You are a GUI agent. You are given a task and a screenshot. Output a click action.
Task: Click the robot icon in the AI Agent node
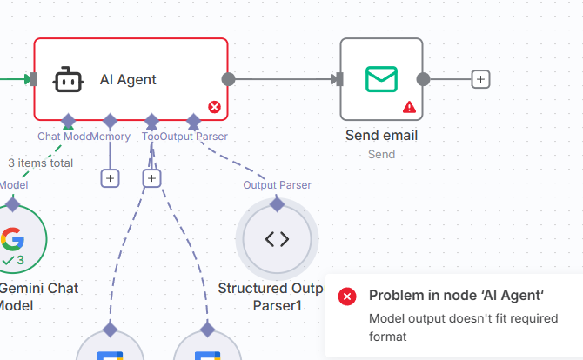coord(68,79)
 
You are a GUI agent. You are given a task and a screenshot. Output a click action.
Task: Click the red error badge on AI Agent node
coord(214,107)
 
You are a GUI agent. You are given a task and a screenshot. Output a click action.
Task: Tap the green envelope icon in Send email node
coord(381,79)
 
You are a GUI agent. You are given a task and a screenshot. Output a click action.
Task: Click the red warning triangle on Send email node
coord(409,107)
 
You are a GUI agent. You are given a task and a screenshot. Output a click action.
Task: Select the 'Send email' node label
coord(381,136)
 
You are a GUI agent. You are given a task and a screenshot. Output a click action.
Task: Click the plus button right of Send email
coord(480,79)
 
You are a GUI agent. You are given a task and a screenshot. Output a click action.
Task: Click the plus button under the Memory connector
coord(110,178)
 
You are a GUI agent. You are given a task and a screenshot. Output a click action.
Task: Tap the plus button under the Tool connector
coord(151,178)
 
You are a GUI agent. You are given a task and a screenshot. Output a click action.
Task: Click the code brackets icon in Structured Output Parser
coord(277,239)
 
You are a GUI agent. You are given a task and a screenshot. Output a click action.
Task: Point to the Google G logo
coord(12,238)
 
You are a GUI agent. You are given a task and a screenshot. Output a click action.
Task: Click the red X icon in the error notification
coord(347,297)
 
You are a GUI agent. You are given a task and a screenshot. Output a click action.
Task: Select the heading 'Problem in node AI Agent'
coord(456,296)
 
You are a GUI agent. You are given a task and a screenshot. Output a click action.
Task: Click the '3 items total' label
coord(40,163)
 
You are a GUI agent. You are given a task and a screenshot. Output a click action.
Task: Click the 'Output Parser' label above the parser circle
coord(277,184)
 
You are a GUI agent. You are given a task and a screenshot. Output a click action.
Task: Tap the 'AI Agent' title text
coord(128,79)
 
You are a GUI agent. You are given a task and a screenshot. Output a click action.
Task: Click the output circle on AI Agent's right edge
coord(228,79)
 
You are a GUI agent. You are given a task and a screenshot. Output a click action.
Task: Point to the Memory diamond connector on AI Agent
coord(110,120)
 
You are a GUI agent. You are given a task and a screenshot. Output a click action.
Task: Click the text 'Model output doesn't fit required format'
coord(463,327)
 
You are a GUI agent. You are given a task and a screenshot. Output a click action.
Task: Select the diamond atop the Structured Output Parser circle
coord(277,203)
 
